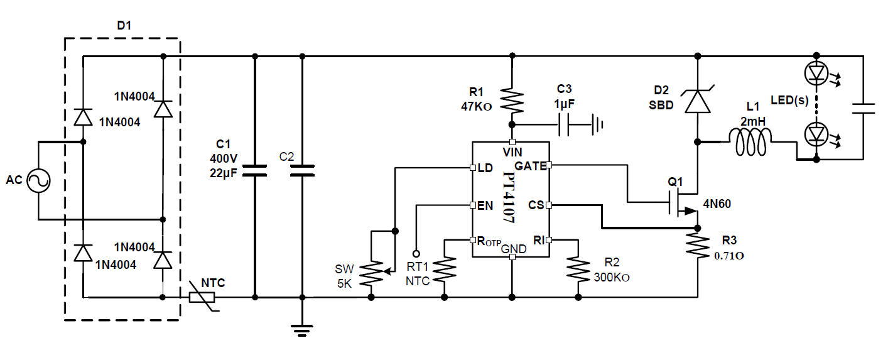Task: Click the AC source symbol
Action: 38,181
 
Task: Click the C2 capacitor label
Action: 286,156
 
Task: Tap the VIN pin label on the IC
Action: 512,151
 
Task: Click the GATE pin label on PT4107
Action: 531,166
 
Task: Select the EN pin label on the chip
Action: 485,205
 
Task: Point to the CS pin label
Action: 536,205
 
